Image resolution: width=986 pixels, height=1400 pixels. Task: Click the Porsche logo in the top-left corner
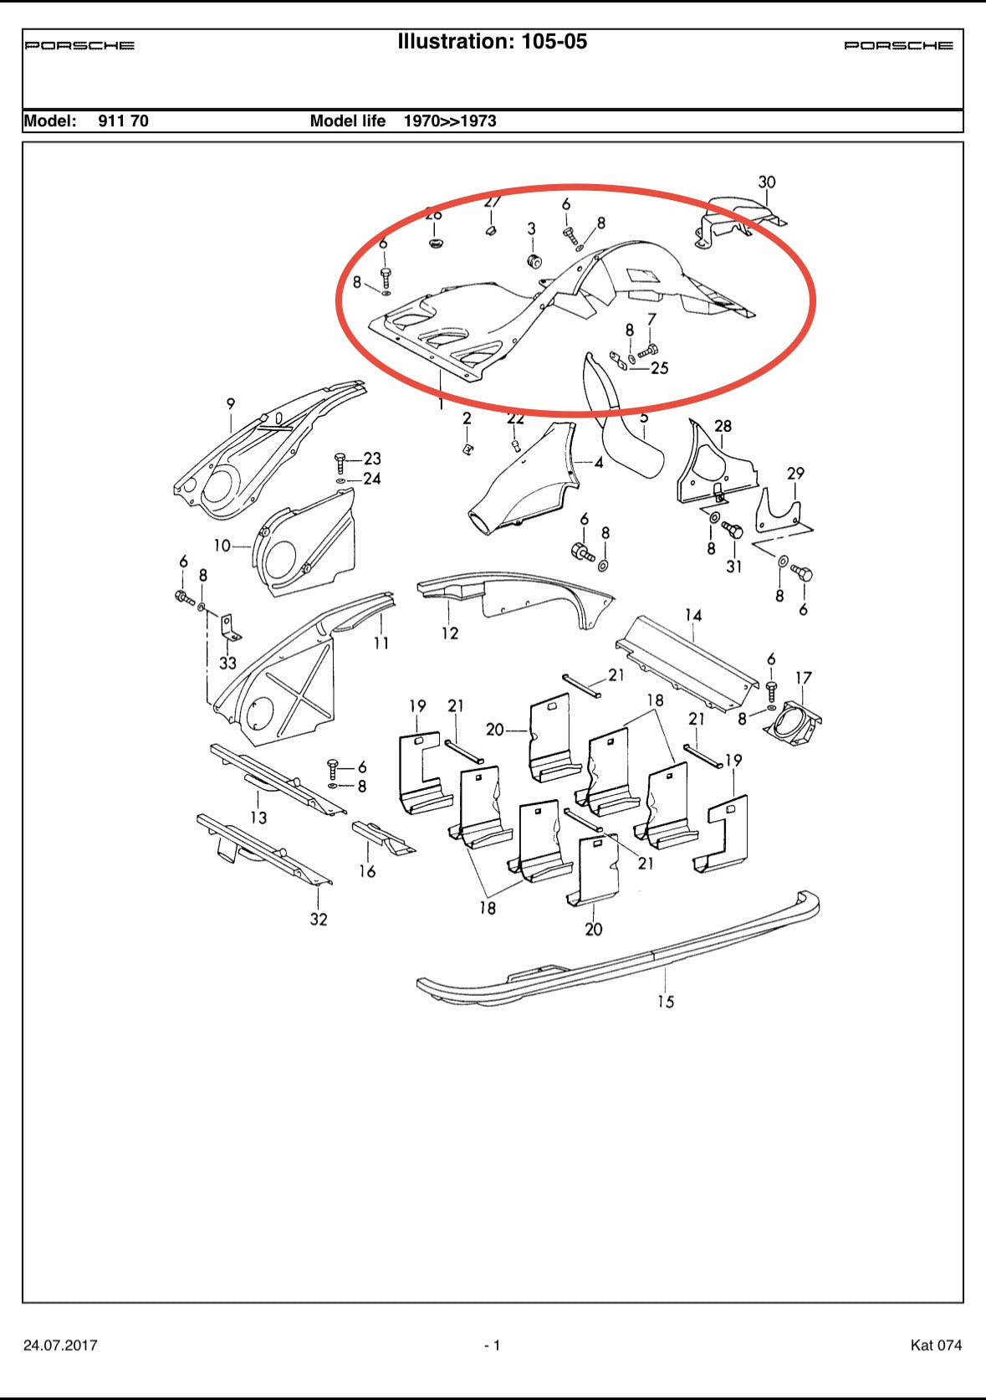(x=79, y=45)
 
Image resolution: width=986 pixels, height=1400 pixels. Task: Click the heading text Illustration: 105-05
(x=492, y=42)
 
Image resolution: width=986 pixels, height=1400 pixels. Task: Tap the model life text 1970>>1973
(x=449, y=121)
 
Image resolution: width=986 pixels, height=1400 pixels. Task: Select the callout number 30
(x=766, y=182)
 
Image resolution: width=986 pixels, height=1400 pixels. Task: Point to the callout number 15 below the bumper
(x=665, y=1002)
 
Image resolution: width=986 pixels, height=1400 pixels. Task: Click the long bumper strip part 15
(x=619, y=954)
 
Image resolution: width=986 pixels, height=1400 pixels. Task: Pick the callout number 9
(x=231, y=404)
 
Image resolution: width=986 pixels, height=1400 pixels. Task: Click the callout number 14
(x=692, y=616)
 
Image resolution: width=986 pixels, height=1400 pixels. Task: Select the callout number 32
(x=319, y=919)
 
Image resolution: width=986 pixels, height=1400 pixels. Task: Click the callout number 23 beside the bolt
(x=371, y=459)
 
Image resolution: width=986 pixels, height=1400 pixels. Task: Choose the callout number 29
(x=794, y=474)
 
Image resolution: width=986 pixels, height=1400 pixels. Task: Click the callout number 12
(x=450, y=633)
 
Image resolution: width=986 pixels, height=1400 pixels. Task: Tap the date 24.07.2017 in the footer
(x=60, y=1346)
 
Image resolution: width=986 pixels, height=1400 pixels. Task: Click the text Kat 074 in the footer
(x=936, y=1346)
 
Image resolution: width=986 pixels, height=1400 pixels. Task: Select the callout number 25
(x=659, y=368)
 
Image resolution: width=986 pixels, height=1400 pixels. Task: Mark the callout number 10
(x=222, y=546)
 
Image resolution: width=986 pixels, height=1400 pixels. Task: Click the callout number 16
(x=367, y=871)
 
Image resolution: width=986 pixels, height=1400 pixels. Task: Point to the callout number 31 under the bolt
(x=733, y=567)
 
